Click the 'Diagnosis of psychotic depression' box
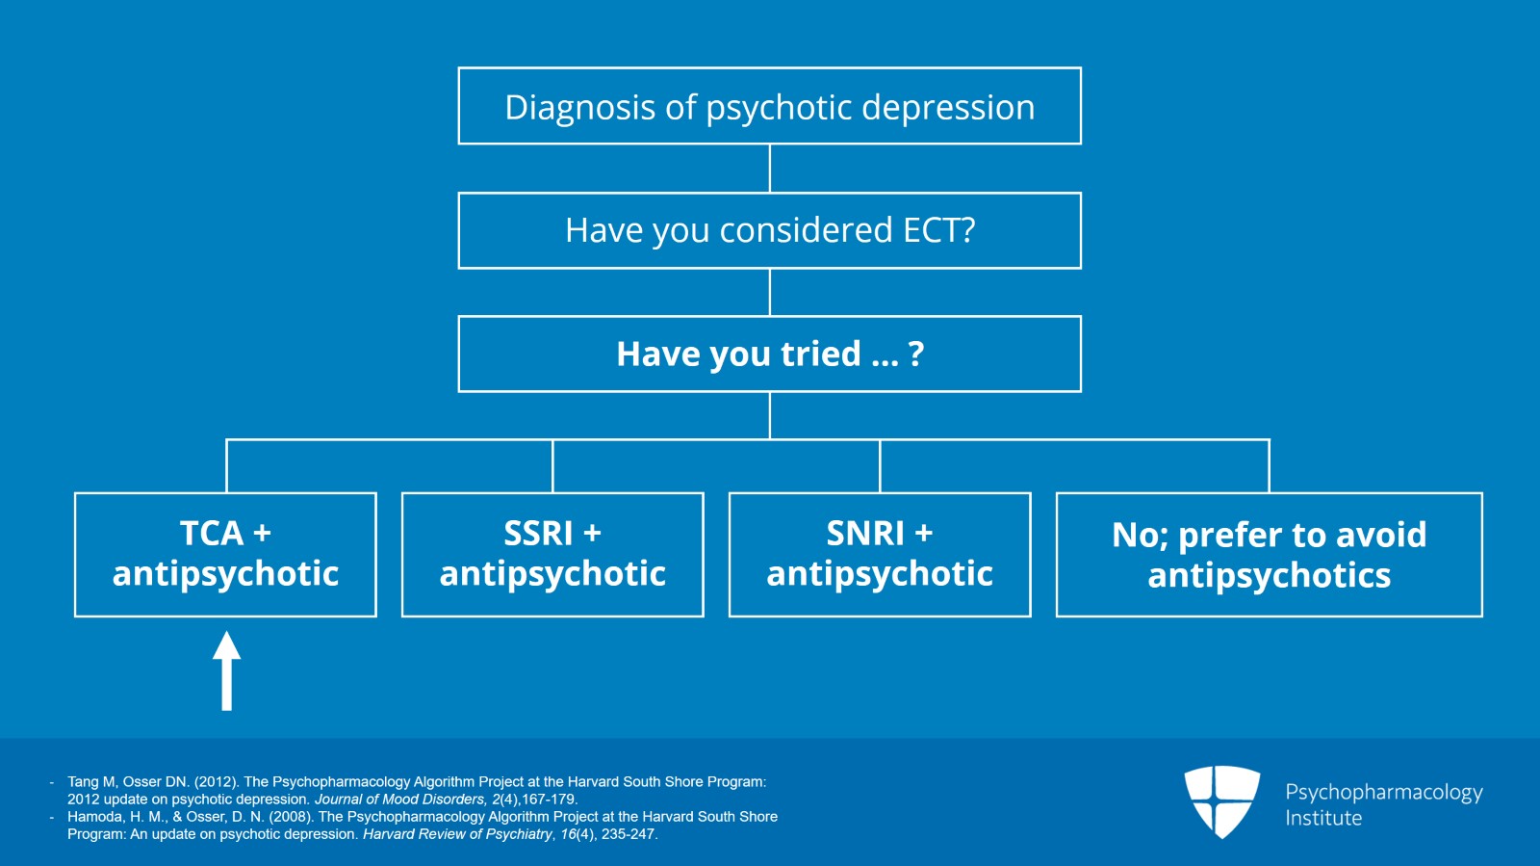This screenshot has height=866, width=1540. point(769,106)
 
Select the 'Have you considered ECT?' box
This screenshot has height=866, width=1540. point(769,230)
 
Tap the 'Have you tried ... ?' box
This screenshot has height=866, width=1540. point(769,354)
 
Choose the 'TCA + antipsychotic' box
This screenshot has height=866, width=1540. point(225,554)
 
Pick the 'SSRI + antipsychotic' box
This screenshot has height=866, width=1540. point(552,554)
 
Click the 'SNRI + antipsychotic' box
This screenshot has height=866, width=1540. point(880,554)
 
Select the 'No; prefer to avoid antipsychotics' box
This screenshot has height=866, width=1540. point(1269,554)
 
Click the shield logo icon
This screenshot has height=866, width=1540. point(1221,800)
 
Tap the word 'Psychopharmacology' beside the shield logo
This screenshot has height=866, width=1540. point(1383,792)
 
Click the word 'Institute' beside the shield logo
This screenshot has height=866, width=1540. point(1323,818)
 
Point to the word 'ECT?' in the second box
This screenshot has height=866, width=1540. point(938,230)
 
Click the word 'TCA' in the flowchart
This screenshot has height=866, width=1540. point(212,533)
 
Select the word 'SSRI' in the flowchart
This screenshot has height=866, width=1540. point(538,533)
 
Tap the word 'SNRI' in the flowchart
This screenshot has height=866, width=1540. point(865,533)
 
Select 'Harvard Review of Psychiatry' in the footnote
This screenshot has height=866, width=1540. point(457,834)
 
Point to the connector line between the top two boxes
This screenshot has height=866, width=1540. point(769,169)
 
